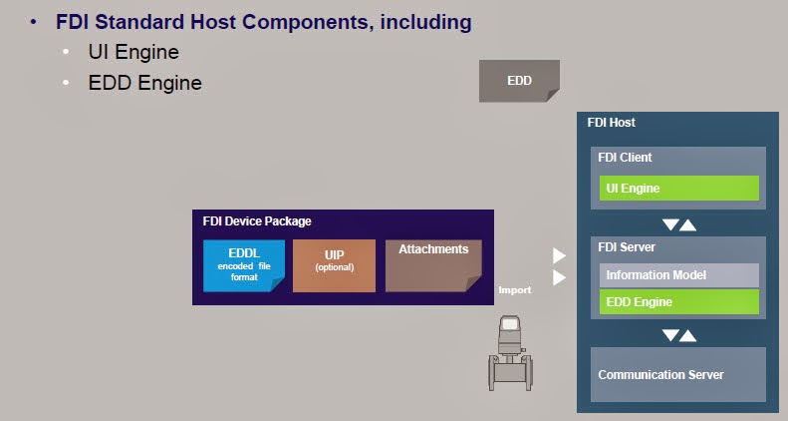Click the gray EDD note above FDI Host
(519, 81)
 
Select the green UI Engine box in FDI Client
(679, 189)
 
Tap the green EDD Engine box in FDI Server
(679, 302)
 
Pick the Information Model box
(679, 275)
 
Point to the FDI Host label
(612, 123)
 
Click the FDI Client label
(625, 158)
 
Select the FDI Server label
(627, 247)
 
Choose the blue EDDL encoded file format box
(244, 265)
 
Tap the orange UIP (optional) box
(334, 265)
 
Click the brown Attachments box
(433, 265)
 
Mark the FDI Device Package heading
(257, 221)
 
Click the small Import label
(515, 290)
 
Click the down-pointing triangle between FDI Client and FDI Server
(669, 224)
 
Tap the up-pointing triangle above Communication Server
(688, 335)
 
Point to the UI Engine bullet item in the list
(133, 52)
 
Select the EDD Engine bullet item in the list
(144, 83)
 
